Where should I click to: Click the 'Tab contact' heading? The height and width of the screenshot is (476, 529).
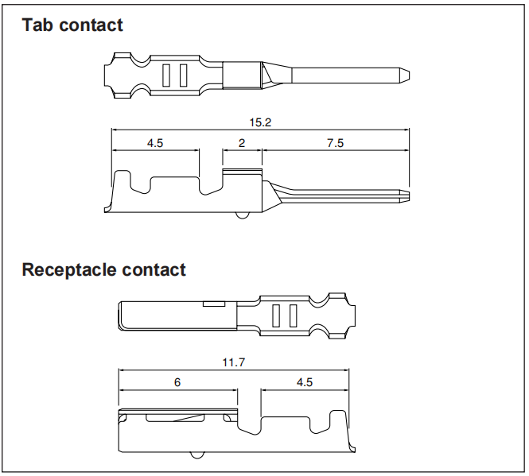(x=72, y=25)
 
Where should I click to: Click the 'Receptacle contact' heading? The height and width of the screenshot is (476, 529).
(x=103, y=269)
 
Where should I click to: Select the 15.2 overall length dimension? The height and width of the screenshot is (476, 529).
(x=260, y=122)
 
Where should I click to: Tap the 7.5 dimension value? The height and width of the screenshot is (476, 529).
(x=335, y=143)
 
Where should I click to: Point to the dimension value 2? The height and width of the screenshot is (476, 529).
(x=242, y=143)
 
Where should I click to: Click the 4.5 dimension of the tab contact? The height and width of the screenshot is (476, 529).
(x=155, y=143)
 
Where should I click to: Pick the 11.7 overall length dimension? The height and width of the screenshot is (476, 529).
(x=233, y=362)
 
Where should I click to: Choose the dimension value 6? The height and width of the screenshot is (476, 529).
(x=177, y=382)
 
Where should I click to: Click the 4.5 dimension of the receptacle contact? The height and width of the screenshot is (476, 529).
(x=305, y=382)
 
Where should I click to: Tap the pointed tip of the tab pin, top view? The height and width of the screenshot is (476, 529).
(x=410, y=75)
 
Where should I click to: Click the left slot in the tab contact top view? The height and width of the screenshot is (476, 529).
(x=166, y=75)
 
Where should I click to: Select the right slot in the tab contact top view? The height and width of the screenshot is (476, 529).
(x=184, y=75)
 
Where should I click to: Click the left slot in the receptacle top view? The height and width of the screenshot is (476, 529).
(x=276, y=315)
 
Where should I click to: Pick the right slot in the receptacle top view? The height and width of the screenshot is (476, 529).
(x=294, y=315)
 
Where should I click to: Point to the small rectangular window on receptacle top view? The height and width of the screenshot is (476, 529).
(x=214, y=304)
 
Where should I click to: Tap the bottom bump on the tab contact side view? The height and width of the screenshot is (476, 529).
(x=243, y=215)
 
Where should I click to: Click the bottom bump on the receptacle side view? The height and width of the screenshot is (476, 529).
(x=197, y=455)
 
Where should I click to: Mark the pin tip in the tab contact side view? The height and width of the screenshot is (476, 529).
(x=409, y=196)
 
